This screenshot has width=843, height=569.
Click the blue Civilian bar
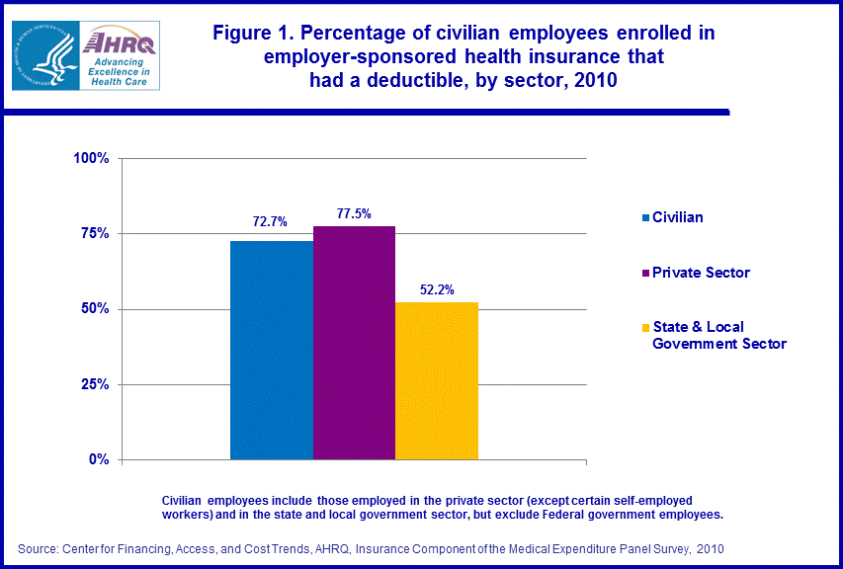(x=272, y=351)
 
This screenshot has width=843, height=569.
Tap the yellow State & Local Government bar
(x=437, y=380)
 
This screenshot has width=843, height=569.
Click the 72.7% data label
(x=270, y=222)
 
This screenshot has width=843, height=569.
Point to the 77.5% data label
(x=353, y=212)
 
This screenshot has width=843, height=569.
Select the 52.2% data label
(x=436, y=289)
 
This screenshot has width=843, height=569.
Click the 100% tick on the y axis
(x=93, y=158)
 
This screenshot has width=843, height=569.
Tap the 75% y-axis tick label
(x=97, y=234)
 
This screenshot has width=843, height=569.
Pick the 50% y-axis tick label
(x=97, y=309)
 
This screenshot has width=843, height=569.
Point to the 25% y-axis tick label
(x=97, y=384)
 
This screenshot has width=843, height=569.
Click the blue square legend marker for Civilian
(x=645, y=217)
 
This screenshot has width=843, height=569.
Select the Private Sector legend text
(x=701, y=273)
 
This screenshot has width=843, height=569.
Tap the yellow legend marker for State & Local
(x=645, y=327)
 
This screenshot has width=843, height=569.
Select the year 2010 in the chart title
(x=594, y=81)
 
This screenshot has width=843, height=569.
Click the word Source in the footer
(x=38, y=547)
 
